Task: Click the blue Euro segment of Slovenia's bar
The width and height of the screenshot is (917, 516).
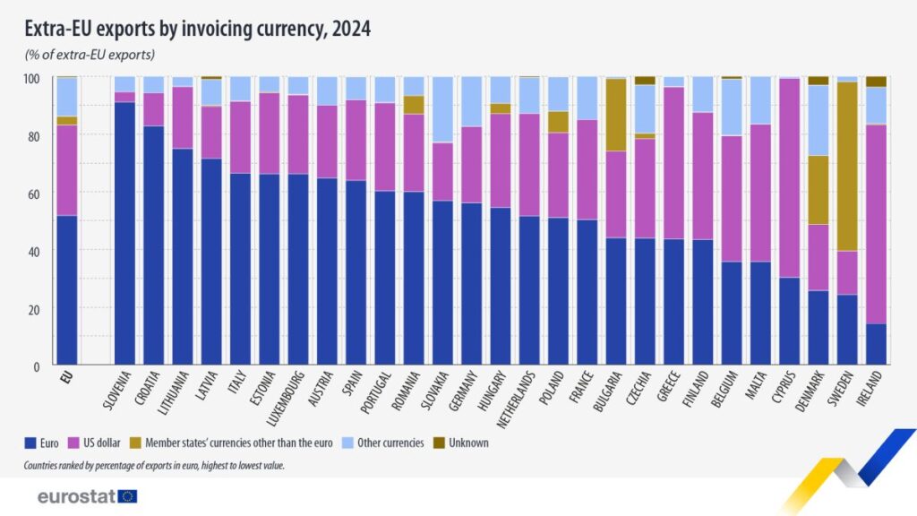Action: (124, 233)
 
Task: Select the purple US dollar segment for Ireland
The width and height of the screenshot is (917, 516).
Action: (876, 224)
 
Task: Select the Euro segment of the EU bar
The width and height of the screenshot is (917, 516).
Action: (67, 290)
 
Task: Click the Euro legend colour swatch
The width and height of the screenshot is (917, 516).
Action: (31, 443)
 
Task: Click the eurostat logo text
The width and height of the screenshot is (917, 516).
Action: (76, 496)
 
